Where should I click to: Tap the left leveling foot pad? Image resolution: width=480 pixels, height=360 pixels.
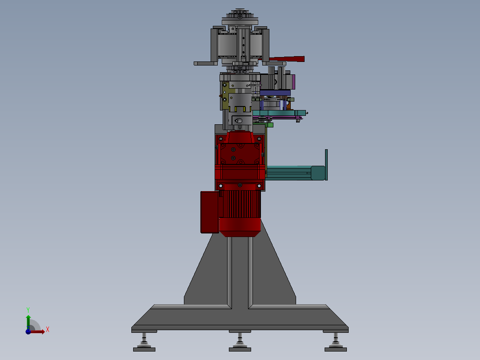[144, 349]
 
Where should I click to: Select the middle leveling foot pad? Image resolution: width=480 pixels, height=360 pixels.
[240, 349]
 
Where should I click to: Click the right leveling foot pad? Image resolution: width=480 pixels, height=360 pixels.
[336, 349]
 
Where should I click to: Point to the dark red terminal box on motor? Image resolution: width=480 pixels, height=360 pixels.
[210, 212]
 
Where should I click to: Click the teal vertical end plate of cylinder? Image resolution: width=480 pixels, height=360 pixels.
[326, 165]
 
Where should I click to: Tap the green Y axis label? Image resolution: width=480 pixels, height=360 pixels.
[28, 310]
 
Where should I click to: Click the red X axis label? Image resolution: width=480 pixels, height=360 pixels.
[48, 330]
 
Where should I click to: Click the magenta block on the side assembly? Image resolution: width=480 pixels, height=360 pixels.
[293, 82]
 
